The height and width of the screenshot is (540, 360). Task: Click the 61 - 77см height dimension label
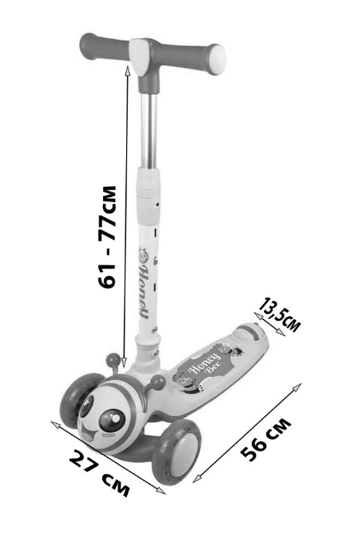(107, 237)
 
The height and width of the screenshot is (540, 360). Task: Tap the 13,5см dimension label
(280, 315)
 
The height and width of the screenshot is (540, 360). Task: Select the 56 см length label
(266, 439)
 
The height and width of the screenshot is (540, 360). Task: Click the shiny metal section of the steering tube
(148, 131)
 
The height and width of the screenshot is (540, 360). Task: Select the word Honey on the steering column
(144, 292)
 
